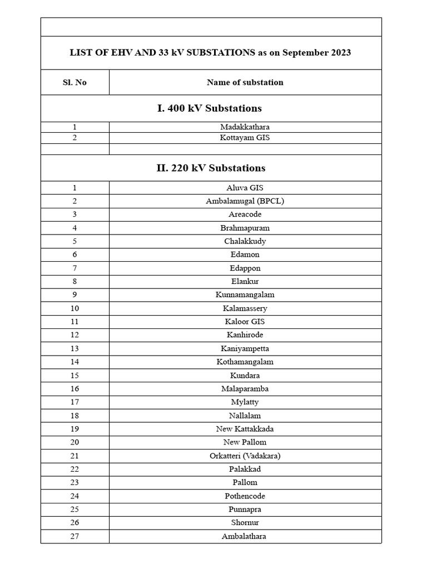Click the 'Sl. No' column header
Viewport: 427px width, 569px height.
coord(75,82)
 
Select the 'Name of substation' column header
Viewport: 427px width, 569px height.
coord(245,82)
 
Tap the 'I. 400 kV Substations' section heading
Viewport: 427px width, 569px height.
coord(210,108)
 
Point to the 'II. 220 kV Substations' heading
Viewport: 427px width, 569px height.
coord(211,168)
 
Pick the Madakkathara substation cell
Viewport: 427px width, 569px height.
coord(245,127)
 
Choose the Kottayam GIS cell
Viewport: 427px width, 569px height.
coord(245,137)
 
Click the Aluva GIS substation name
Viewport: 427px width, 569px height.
coord(245,188)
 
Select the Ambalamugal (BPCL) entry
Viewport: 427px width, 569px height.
coord(245,201)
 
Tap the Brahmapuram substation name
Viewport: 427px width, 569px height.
coord(245,228)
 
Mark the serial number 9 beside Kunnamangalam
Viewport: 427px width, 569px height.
coord(75,295)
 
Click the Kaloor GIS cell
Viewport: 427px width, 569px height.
coord(245,322)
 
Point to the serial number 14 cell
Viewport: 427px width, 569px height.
coord(75,362)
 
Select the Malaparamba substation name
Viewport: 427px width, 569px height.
coord(245,389)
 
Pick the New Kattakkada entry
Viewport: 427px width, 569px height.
coord(245,429)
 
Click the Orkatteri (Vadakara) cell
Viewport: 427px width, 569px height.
coord(245,456)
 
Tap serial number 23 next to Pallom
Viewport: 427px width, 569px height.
coord(75,482)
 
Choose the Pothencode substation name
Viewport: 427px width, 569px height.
coord(245,496)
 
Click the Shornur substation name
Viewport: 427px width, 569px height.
coord(245,522)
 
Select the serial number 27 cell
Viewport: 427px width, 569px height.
coord(75,536)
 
